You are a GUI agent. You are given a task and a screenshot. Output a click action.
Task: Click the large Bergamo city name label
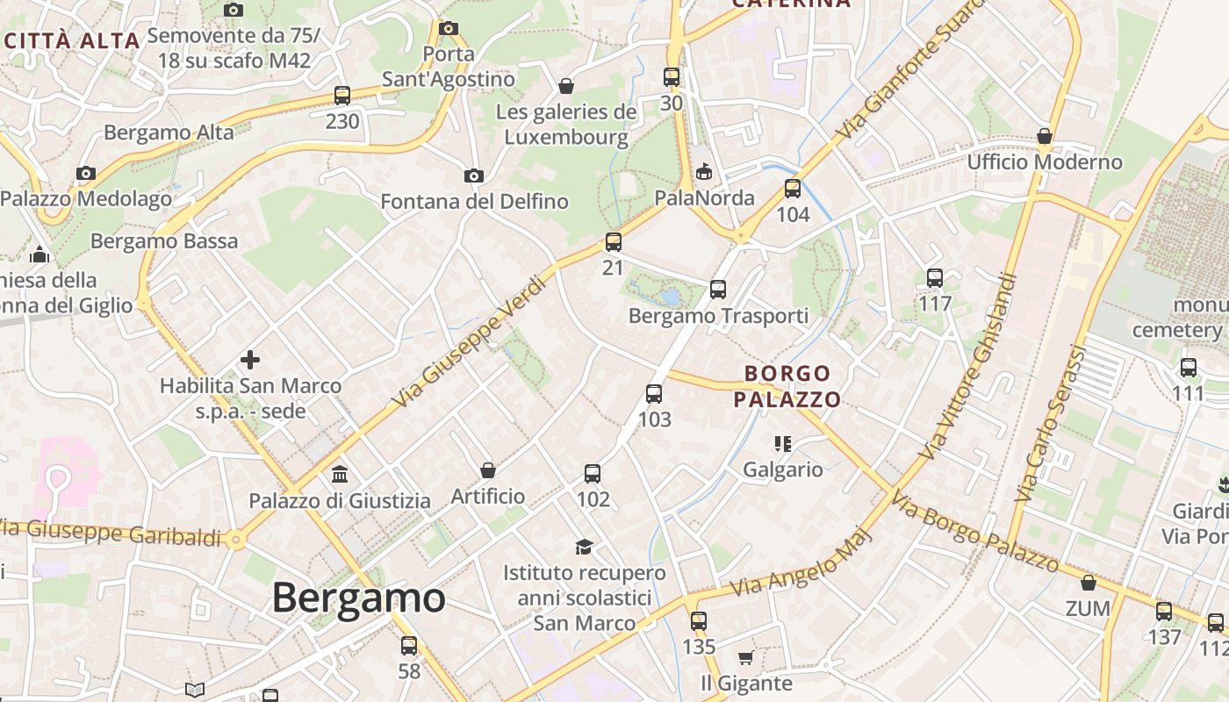[358, 598]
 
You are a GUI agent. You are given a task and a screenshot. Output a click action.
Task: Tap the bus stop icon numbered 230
[342, 96]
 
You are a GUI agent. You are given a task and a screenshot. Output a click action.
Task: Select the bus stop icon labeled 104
[793, 189]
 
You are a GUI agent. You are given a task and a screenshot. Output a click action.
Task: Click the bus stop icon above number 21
[613, 242]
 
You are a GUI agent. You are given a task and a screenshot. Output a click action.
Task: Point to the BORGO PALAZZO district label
[787, 387]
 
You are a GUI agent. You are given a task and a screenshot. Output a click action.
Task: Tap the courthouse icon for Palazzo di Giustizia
[340, 475]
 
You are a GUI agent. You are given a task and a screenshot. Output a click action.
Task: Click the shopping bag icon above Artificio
[488, 470]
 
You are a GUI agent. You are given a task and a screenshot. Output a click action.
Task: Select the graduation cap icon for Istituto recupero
[584, 548]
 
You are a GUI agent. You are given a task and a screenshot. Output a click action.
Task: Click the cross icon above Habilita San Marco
[250, 360]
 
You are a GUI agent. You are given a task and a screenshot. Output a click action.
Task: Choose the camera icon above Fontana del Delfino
[474, 176]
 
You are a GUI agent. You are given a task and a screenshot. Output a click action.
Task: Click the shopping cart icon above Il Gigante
[745, 657]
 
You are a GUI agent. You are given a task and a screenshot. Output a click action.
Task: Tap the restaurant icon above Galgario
[783, 444]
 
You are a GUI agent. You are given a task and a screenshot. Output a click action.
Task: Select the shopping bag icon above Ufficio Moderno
[1045, 136]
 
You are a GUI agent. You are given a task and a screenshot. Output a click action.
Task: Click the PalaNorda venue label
[704, 197]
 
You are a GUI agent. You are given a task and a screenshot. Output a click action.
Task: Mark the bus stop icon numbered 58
[409, 646]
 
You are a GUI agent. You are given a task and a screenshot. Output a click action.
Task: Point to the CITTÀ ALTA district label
[72, 40]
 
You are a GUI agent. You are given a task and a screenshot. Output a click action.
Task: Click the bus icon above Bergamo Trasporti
[718, 289]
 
